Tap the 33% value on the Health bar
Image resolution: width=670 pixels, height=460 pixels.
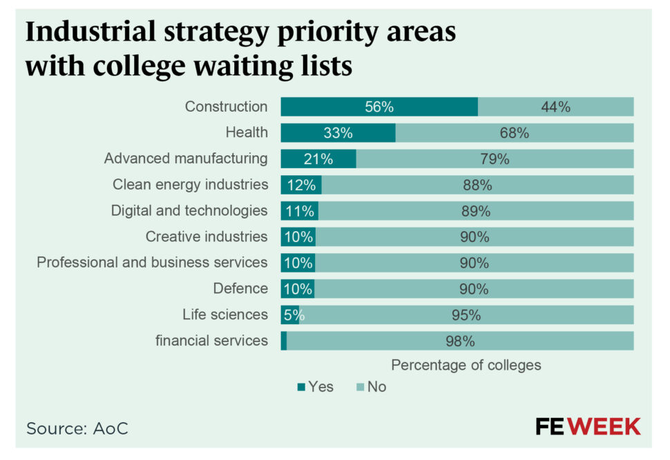point(338,133)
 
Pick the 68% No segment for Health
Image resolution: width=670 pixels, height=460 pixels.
point(514,133)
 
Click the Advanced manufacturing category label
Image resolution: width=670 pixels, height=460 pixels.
point(185,159)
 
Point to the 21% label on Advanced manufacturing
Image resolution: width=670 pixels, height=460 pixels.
point(318,159)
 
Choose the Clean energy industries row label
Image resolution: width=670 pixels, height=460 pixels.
point(190,185)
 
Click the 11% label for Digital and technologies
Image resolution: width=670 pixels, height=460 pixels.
point(300,211)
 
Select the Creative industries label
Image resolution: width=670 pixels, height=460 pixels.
point(206,237)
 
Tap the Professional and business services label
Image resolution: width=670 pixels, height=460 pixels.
point(152,263)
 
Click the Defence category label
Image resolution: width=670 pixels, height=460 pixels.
point(240,288)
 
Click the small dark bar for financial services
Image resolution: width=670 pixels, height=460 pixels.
point(284,341)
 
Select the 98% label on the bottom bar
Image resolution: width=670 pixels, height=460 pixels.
point(460,341)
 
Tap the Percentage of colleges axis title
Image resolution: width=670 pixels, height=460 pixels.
point(466,365)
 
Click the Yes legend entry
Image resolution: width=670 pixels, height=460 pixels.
point(316,387)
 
